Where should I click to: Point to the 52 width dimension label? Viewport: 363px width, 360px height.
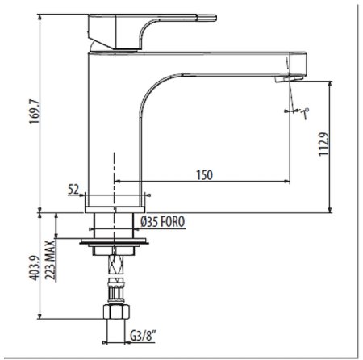pos(74,190)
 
